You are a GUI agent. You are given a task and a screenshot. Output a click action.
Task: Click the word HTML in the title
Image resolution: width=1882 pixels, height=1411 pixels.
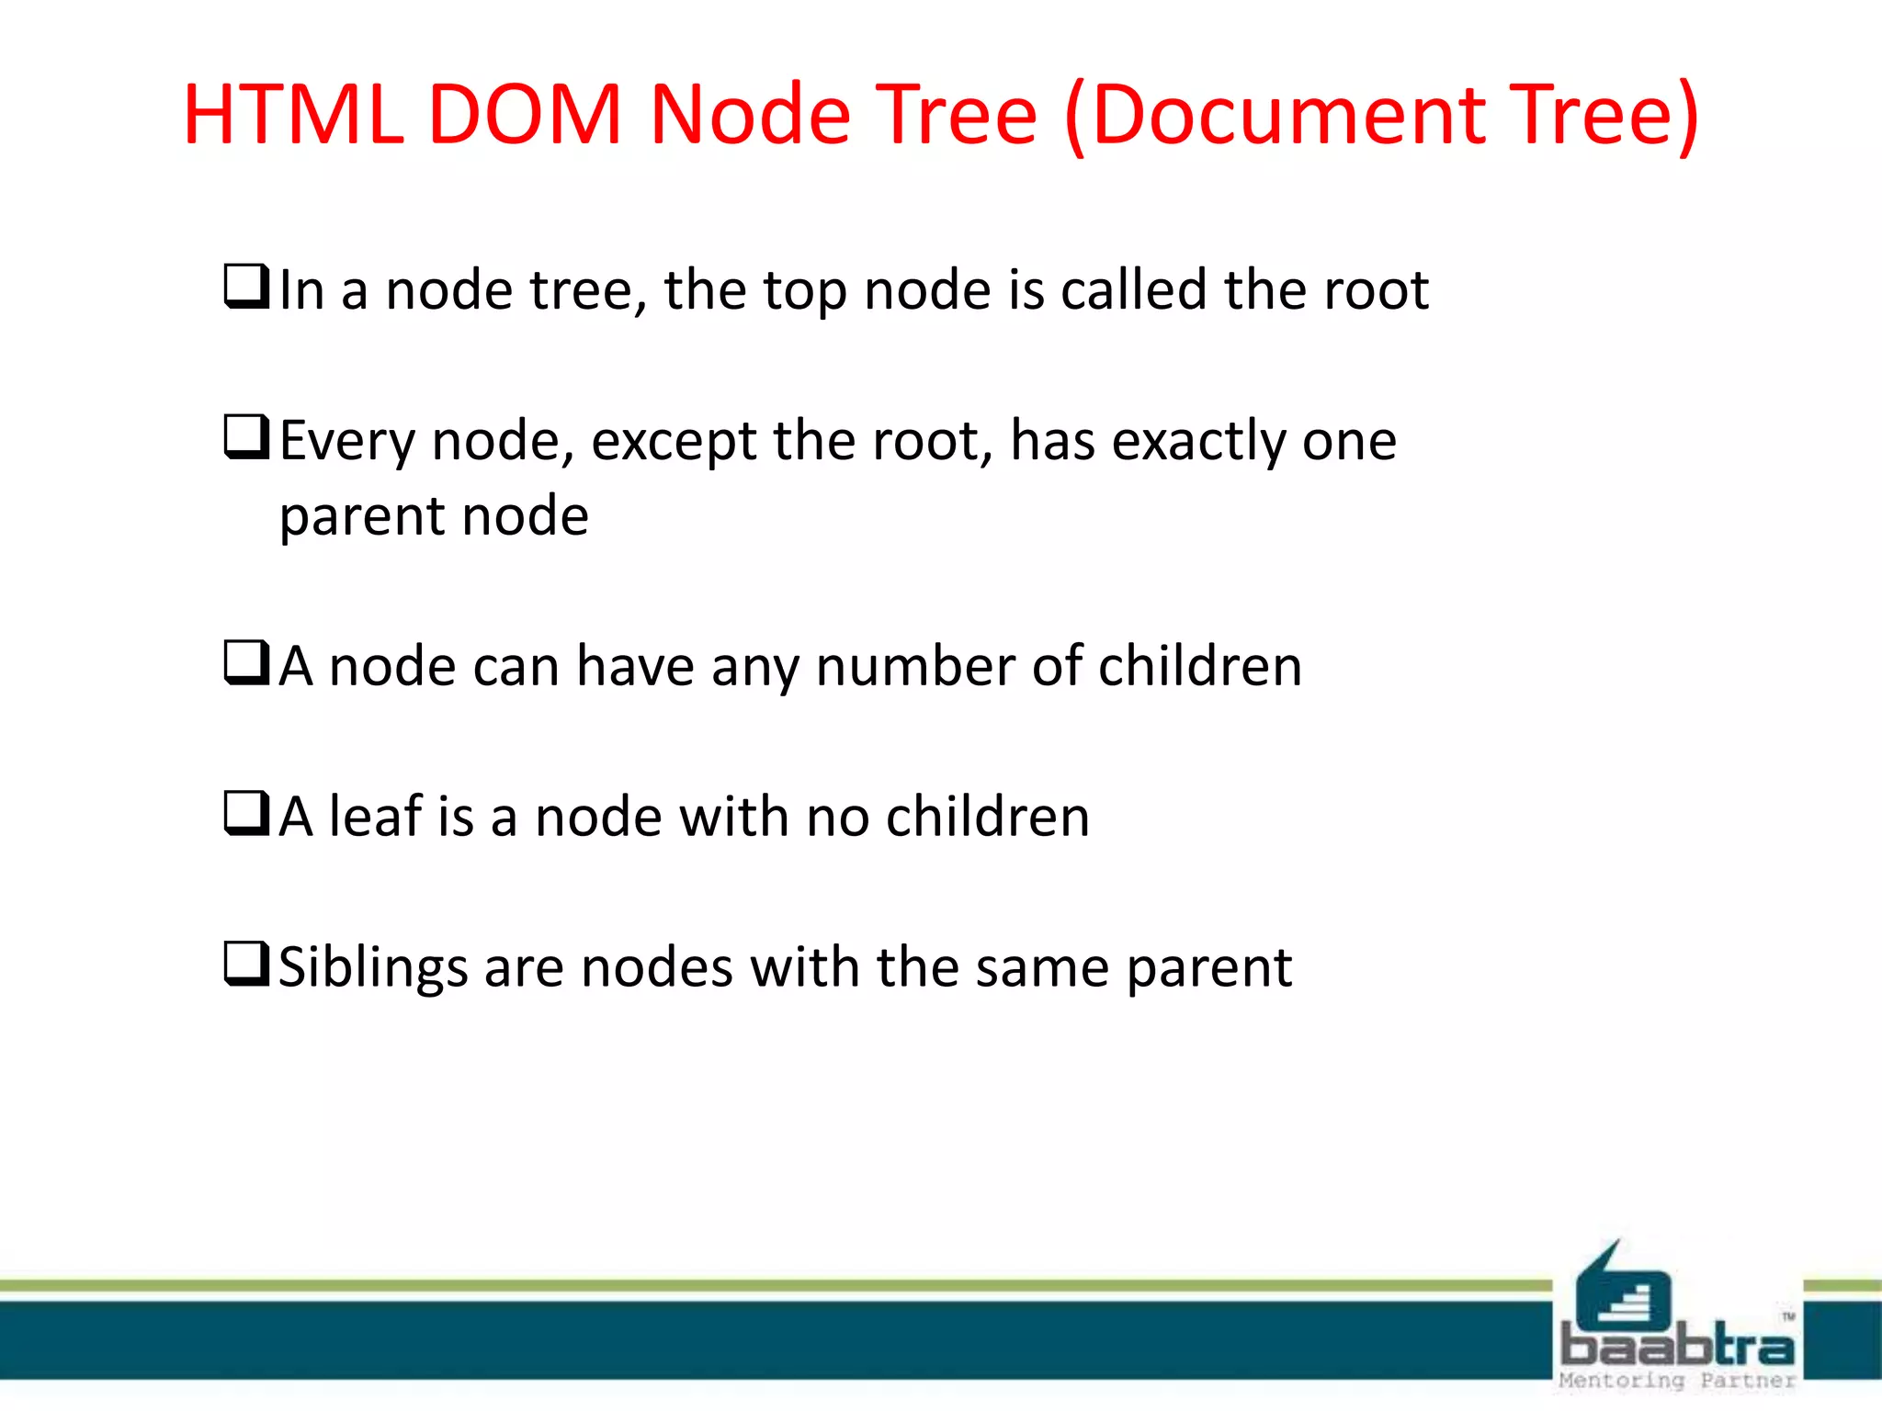pyautogui.click(x=293, y=115)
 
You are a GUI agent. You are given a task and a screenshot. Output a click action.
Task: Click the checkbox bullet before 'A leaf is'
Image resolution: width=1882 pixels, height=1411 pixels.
pyautogui.click(x=246, y=813)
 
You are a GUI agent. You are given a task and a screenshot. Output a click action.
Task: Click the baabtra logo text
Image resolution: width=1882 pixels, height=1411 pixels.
pyautogui.click(x=1677, y=1347)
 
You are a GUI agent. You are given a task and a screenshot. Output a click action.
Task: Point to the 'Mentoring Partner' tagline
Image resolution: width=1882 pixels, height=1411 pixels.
pyautogui.click(x=1677, y=1381)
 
